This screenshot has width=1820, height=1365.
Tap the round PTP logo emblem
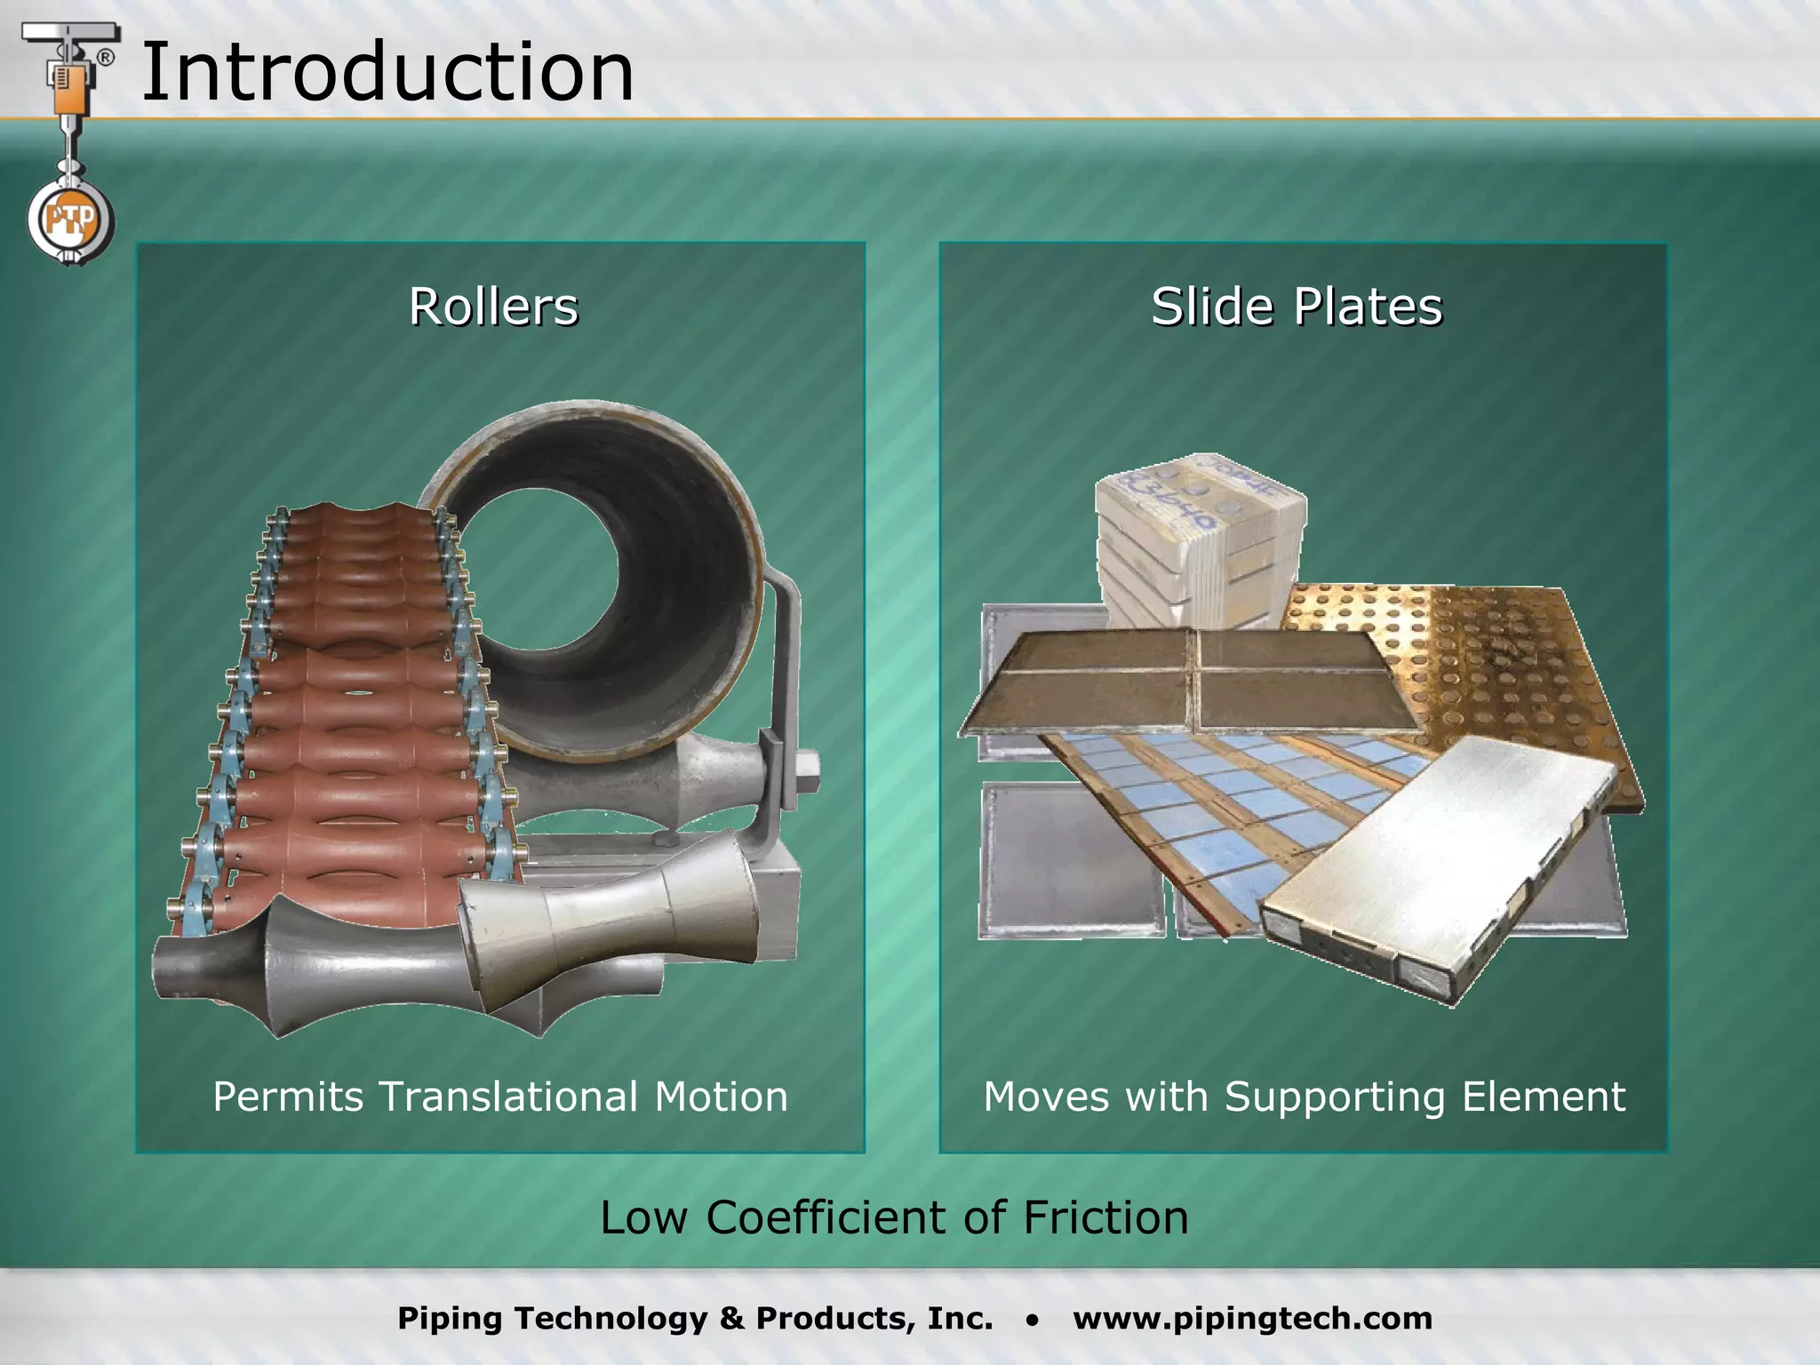point(69,220)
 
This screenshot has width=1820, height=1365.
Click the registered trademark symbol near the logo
point(105,58)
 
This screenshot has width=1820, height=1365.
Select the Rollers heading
point(493,307)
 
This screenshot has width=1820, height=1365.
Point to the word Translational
point(508,1096)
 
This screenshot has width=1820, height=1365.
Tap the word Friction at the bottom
point(1106,1217)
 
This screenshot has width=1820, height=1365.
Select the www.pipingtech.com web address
point(1252,1318)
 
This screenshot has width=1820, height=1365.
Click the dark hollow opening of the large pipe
point(542,578)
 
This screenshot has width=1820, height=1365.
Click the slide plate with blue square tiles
point(1244,800)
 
